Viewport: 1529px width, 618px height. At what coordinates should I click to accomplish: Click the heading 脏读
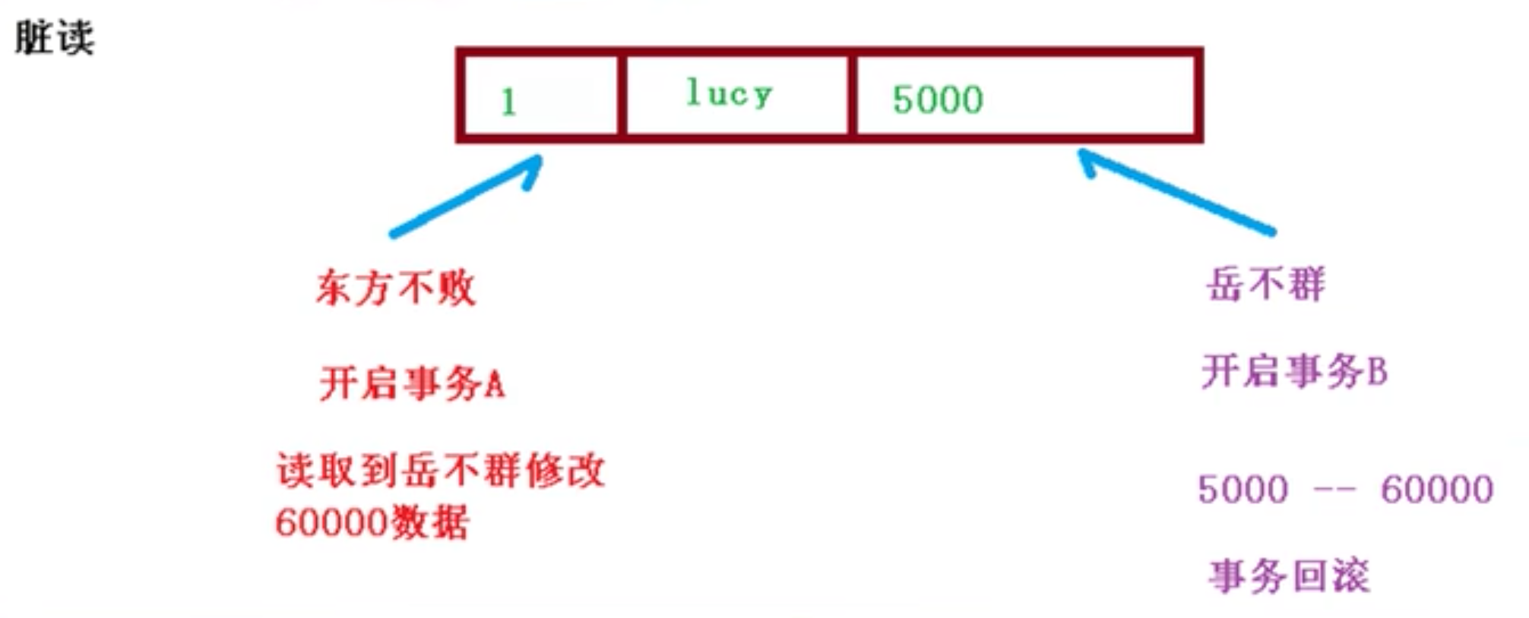click(x=55, y=37)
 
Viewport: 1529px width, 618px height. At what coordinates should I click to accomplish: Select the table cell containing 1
click(x=540, y=96)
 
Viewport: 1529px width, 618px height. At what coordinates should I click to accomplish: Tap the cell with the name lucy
click(x=736, y=96)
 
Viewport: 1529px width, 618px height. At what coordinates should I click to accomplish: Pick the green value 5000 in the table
click(x=938, y=99)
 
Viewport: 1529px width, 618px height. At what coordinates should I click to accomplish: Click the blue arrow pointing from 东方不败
click(x=465, y=196)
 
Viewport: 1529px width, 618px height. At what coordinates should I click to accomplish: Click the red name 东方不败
click(x=396, y=288)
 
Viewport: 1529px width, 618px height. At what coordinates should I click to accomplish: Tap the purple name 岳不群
click(x=1266, y=285)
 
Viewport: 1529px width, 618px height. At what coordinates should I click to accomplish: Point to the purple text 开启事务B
click(x=1295, y=372)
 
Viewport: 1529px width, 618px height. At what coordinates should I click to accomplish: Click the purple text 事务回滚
click(x=1290, y=575)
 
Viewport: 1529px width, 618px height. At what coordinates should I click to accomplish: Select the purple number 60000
click(x=1437, y=489)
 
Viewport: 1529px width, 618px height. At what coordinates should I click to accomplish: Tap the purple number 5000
click(x=1243, y=489)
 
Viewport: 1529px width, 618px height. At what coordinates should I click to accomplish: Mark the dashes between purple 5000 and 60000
click(x=1334, y=490)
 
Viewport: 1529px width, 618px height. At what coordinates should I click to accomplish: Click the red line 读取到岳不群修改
click(x=441, y=470)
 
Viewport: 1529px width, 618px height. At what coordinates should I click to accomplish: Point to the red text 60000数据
click(x=372, y=522)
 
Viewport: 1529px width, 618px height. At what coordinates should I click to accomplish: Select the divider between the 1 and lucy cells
click(x=622, y=96)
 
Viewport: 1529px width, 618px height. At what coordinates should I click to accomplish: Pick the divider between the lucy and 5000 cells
click(x=853, y=96)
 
